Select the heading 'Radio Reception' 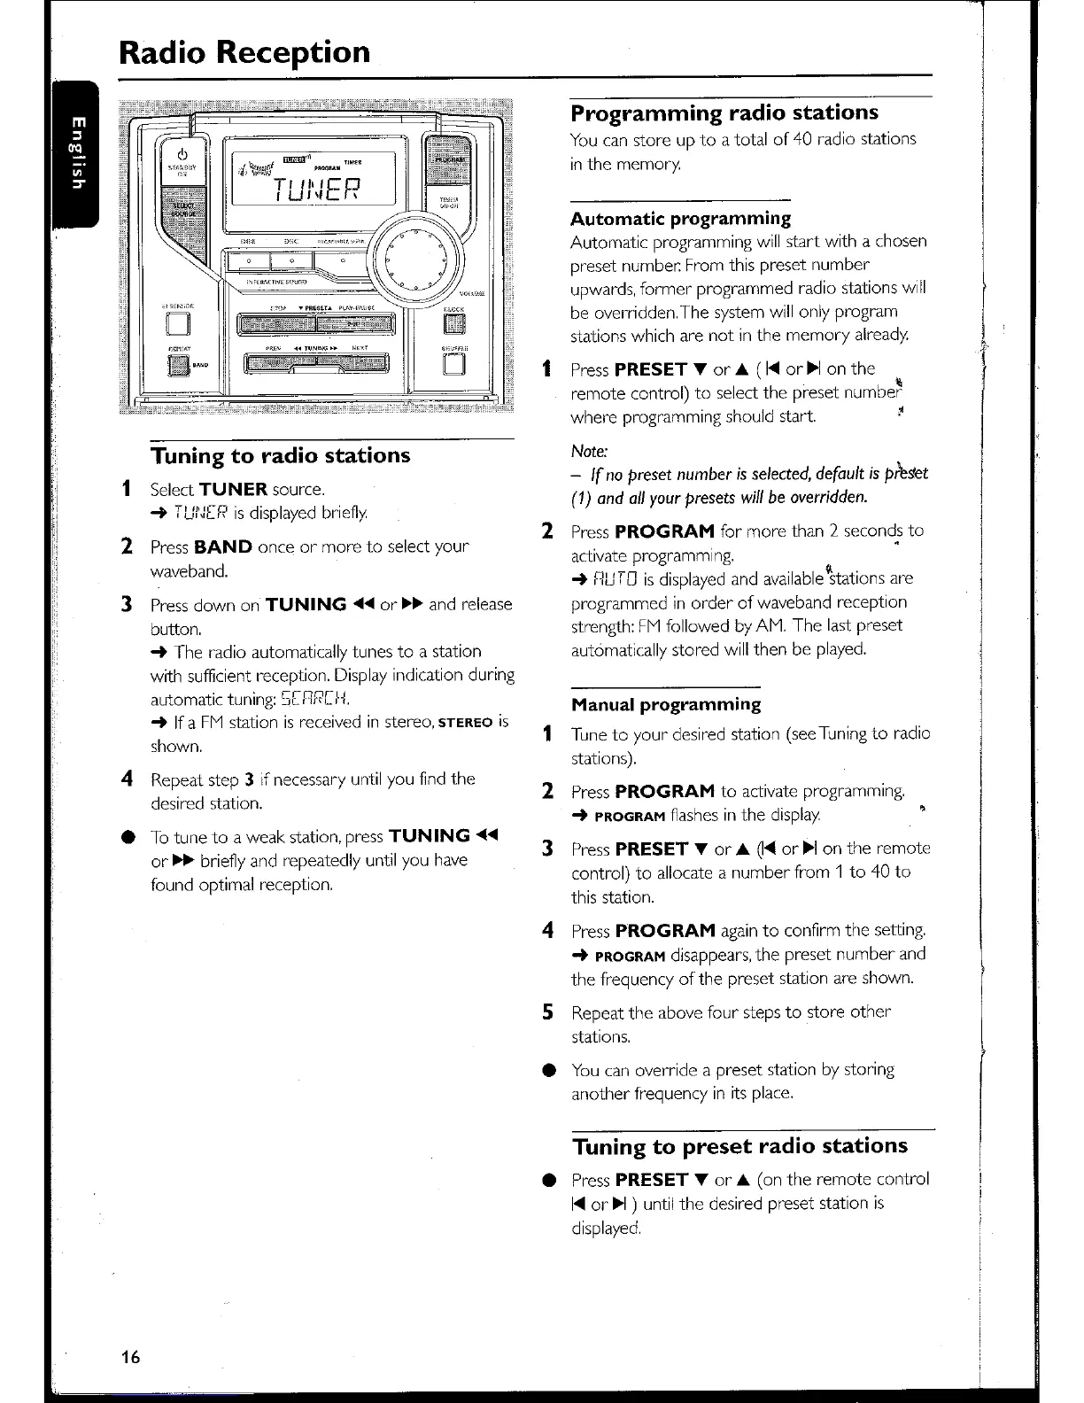click(x=244, y=52)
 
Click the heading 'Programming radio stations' click(x=724, y=112)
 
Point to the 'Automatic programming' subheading click(x=680, y=218)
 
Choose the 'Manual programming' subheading click(x=666, y=704)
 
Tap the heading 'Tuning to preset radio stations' click(x=739, y=1146)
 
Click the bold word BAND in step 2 click(x=223, y=546)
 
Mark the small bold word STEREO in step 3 click(x=466, y=723)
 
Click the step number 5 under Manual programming click(x=548, y=1012)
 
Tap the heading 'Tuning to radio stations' click(x=280, y=455)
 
